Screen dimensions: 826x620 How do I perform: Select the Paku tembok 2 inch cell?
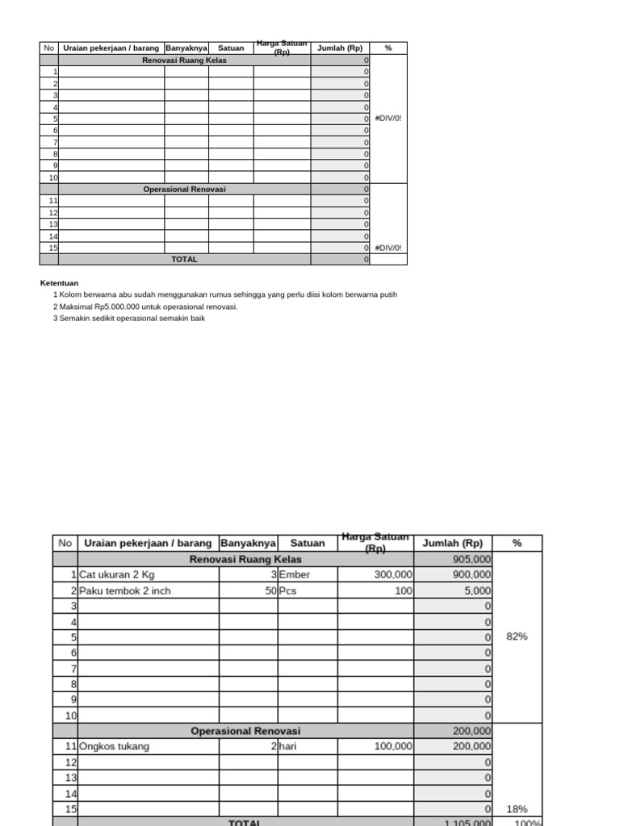[x=125, y=590]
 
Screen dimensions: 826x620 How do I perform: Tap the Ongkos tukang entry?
[x=115, y=747]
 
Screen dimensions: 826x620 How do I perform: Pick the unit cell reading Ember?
[x=295, y=575]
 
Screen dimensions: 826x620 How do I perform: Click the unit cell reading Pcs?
[x=287, y=590]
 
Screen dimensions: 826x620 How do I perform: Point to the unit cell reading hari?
[x=287, y=747]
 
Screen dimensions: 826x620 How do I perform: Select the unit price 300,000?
[x=393, y=575]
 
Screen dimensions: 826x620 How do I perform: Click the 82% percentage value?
[x=517, y=636]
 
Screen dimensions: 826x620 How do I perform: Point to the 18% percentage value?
[x=517, y=808]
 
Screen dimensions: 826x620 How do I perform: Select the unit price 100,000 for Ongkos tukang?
[x=393, y=747]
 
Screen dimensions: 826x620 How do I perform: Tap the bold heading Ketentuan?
[x=59, y=283]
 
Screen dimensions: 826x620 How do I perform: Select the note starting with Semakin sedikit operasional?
[x=132, y=319]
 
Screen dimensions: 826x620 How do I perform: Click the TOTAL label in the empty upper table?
[x=184, y=260]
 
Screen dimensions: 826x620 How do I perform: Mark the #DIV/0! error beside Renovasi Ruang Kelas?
[x=387, y=119]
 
